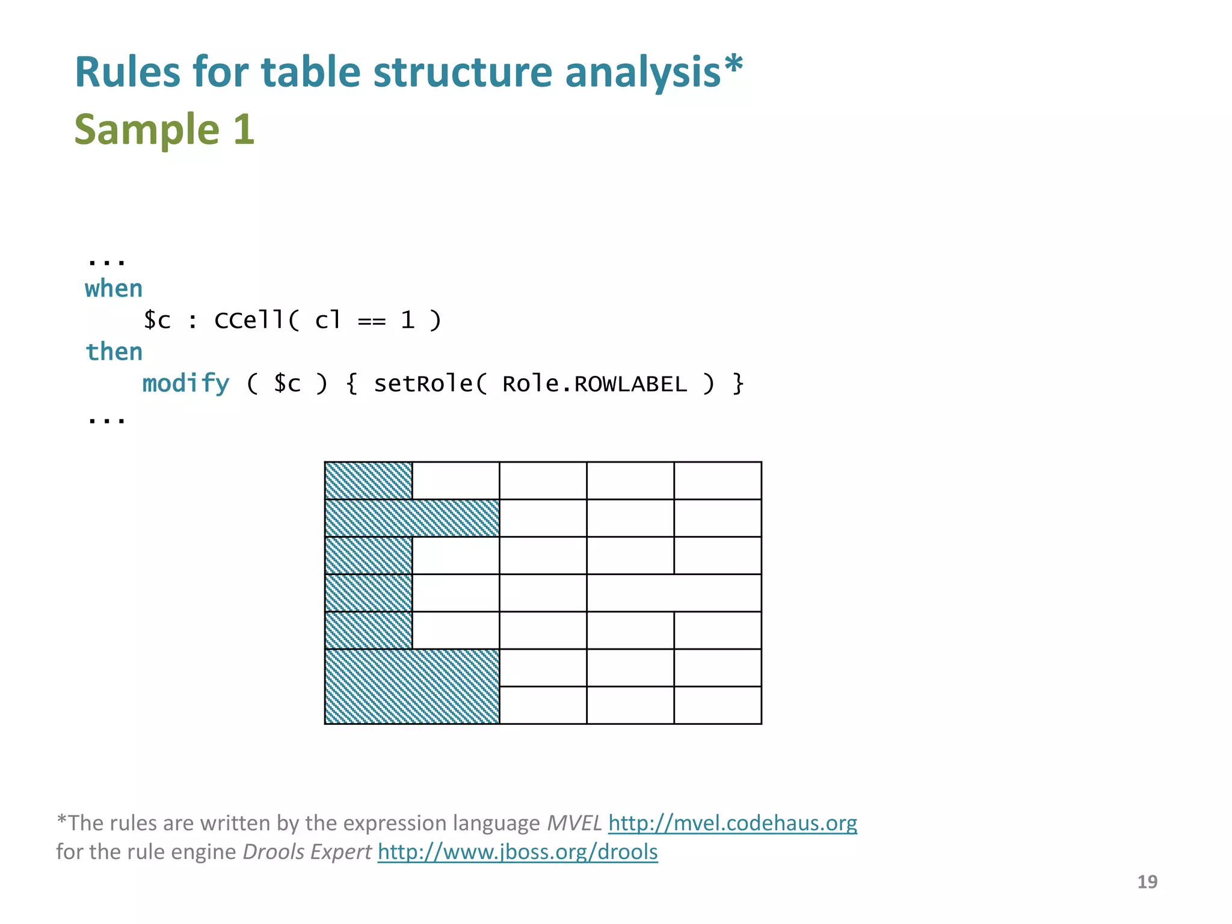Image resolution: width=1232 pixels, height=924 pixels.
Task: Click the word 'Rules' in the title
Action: point(127,72)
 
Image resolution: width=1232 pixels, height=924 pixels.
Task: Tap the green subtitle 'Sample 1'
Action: point(164,129)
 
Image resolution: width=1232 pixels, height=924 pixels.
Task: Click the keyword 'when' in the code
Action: point(114,289)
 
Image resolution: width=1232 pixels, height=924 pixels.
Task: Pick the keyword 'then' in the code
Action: point(114,352)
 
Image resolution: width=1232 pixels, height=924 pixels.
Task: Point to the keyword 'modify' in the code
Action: point(185,384)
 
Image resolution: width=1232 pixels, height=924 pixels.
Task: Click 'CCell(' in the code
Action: point(256,320)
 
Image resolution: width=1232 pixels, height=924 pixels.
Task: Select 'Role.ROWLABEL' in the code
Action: point(594,384)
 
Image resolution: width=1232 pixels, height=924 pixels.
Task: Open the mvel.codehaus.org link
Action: point(732,823)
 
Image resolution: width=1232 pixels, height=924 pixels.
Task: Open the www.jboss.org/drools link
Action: point(517,852)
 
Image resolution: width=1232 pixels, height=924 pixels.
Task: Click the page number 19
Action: point(1147,882)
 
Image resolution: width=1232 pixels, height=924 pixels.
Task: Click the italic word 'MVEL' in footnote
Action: point(574,823)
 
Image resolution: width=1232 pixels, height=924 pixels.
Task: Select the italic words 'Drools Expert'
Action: point(307,852)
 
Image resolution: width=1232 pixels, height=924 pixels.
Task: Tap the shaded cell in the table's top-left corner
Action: point(368,481)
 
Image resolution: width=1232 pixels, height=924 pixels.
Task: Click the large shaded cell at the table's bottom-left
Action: point(412,686)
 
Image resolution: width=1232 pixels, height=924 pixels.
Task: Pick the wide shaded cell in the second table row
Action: point(412,518)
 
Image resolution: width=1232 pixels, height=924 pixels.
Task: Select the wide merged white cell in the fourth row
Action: point(674,593)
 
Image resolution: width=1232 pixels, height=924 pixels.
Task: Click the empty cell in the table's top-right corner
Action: point(718,481)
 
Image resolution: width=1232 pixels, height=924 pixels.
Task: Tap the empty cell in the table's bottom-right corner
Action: point(718,705)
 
